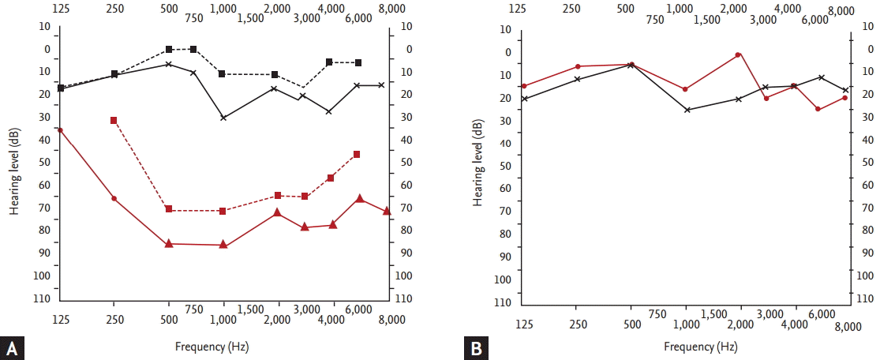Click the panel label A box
coord(12,348)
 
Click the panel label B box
coord(476,348)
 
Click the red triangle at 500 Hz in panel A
coord(169,244)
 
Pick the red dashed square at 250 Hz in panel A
coord(114,121)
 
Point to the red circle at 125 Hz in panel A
coord(60,129)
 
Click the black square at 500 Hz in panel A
coord(169,50)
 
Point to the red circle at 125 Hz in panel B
coord(524,86)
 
